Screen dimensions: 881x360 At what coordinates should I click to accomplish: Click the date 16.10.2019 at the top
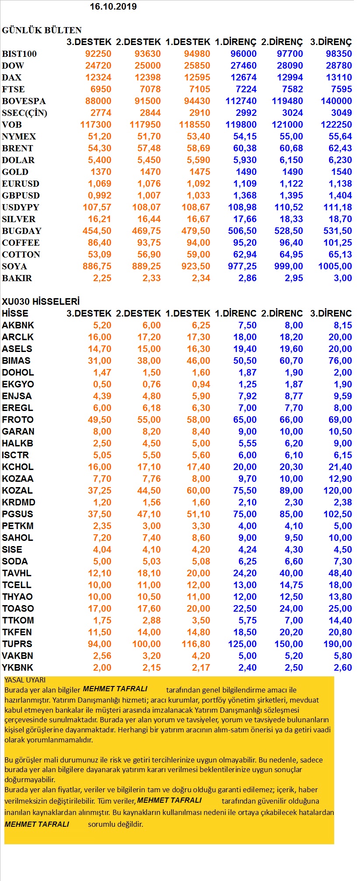tap(113, 7)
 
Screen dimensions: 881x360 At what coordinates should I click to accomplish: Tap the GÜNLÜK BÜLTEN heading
tap(42, 30)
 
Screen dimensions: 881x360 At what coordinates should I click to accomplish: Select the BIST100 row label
tap(19, 54)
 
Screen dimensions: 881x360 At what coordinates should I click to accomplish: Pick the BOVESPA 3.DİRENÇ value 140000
tap(336, 101)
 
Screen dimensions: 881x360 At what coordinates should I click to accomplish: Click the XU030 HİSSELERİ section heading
tap(41, 302)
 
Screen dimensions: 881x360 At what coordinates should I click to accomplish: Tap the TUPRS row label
tap(17, 644)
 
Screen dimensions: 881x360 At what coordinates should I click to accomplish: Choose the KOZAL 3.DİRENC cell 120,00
tap(337, 491)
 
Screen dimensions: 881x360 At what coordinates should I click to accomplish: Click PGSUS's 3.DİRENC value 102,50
tap(337, 514)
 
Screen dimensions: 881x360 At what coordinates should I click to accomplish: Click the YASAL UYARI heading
tap(25, 680)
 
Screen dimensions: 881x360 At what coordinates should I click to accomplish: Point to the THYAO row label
tap(17, 597)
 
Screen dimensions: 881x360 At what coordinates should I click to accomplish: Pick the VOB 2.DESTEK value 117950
tap(145, 125)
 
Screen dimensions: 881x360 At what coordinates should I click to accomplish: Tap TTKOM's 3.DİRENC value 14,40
tap(340, 620)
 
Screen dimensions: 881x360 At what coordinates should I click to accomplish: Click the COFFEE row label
tap(21, 243)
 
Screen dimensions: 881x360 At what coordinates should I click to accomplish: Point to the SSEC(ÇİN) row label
tap(24, 113)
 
